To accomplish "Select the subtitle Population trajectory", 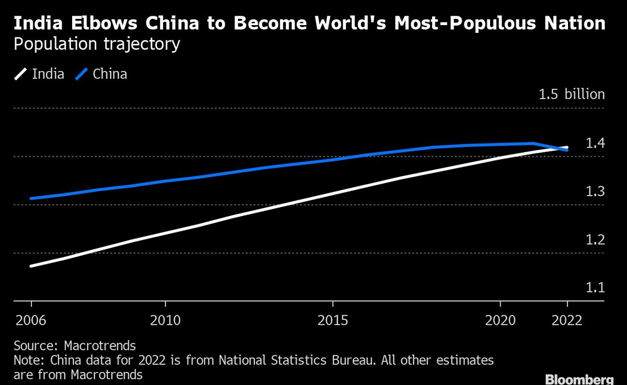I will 97,44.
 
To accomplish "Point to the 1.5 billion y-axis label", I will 572,94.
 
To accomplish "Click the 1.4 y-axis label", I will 595,143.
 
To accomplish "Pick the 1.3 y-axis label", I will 595,191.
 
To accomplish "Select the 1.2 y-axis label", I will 595,240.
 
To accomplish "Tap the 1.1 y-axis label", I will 595,288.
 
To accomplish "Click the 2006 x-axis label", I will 31,320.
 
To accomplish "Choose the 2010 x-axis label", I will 165,320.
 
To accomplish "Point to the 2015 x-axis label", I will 333,320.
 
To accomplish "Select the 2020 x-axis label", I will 501,320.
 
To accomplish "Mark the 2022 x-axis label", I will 567,320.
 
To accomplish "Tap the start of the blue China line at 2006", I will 32,198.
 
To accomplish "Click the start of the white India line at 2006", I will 32,266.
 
